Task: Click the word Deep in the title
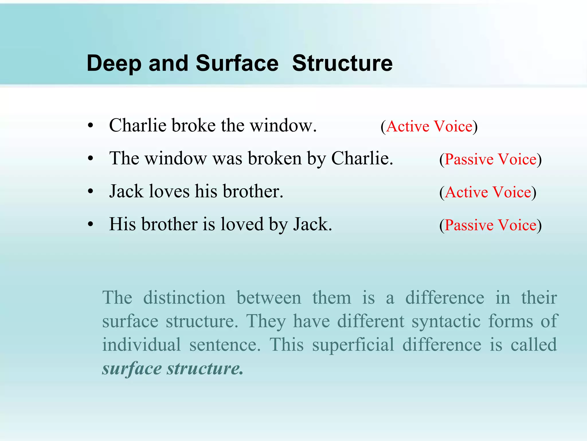point(114,63)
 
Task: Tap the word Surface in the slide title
point(237,63)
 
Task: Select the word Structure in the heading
point(342,63)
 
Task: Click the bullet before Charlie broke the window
point(91,126)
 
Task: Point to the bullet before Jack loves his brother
point(91,192)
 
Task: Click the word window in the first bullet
point(283,126)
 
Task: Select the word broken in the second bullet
point(275,158)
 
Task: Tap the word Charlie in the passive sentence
point(362,158)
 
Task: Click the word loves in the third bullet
point(169,192)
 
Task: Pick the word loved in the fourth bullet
point(242,225)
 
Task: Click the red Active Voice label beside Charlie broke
point(429,127)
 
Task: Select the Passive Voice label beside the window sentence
point(490,160)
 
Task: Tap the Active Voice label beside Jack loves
point(488,192)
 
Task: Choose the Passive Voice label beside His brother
point(490,225)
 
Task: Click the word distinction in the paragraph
point(184,298)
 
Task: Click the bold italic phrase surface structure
point(173,368)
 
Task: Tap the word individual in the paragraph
point(141,345)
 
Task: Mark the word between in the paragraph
point(269,298)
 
